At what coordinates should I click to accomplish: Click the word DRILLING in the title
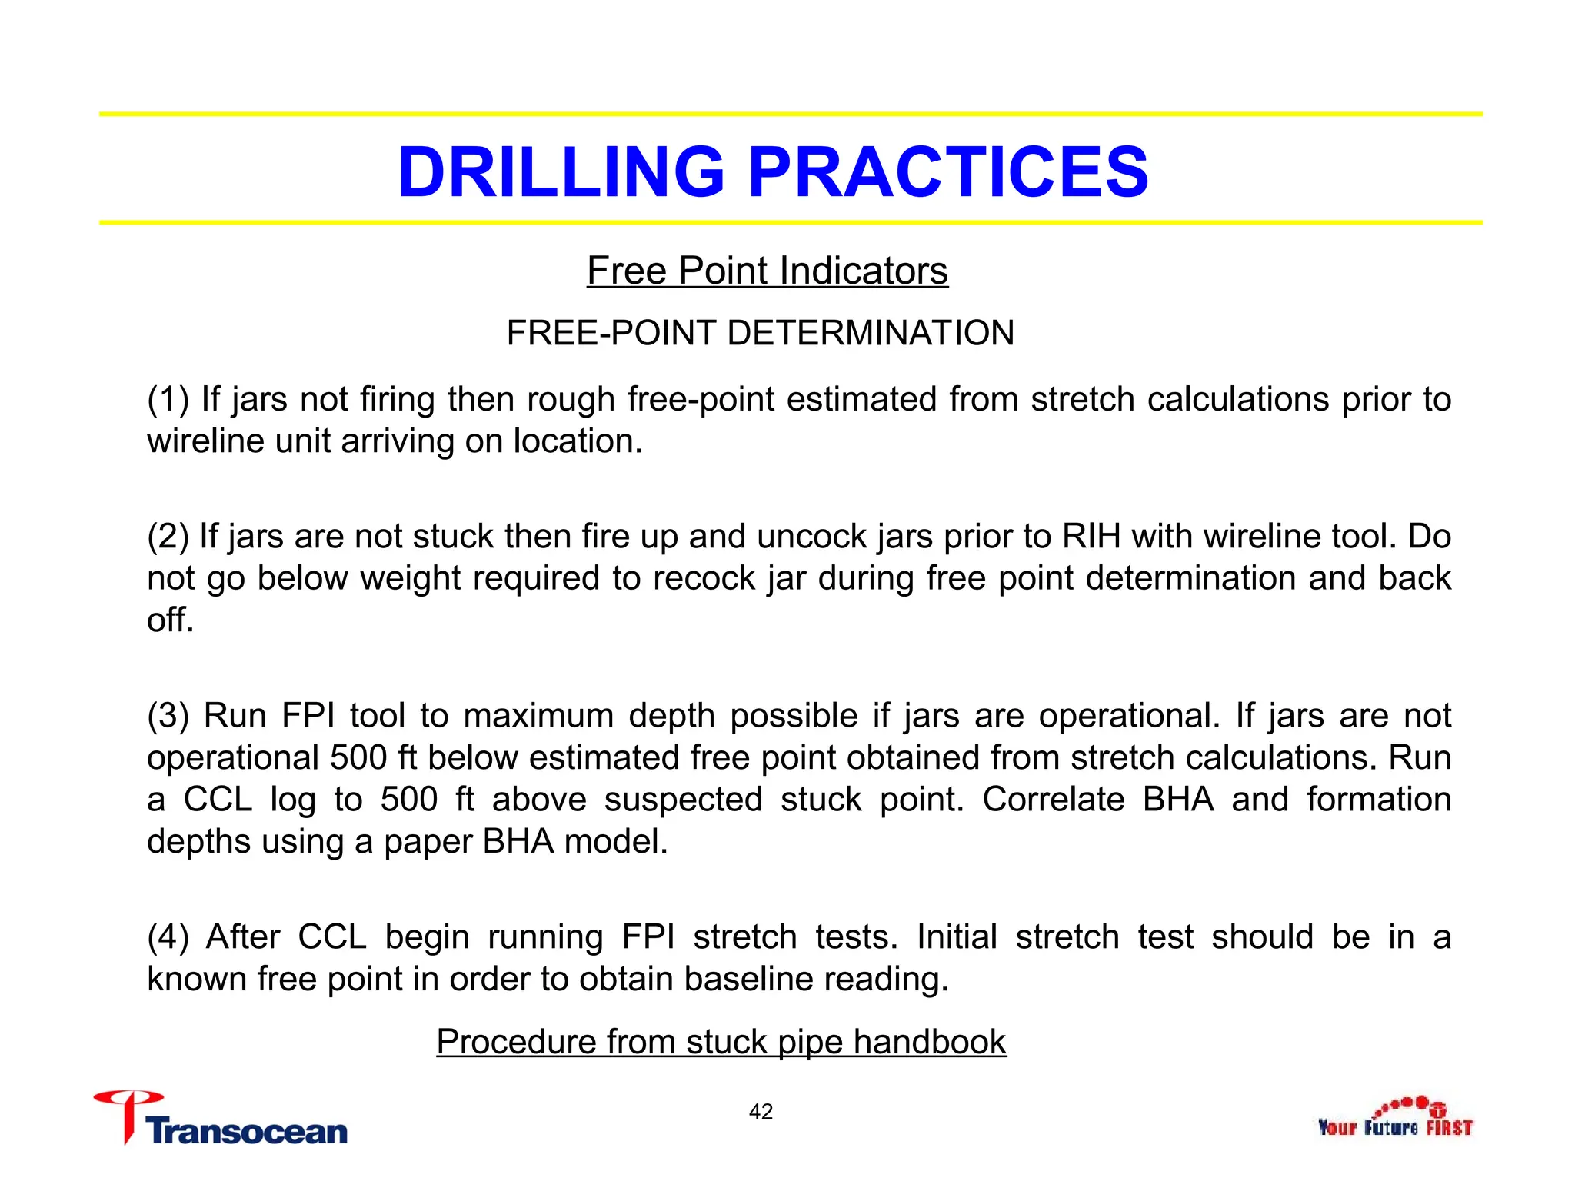tap(561, 171)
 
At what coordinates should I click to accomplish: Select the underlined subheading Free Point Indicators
tap(767, 271)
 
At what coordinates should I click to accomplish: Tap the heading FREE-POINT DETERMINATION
tap(760, 333)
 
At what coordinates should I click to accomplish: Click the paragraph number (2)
tap(168, 536)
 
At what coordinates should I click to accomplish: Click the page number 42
tap(761, 1112)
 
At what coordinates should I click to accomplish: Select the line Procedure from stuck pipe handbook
tap(721, 1042)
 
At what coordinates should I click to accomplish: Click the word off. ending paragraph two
tap(170, 620)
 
